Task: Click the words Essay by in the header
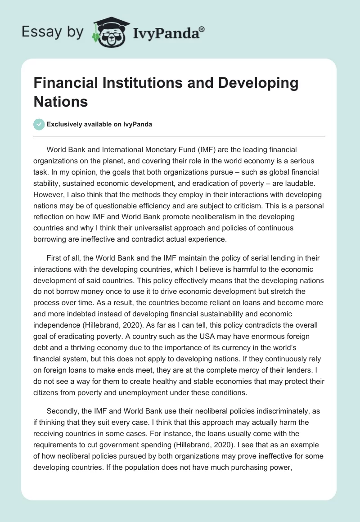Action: (x=52, y=32)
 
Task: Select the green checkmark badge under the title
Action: (x=39, y=124)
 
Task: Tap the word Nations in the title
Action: (x=60, y=102)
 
